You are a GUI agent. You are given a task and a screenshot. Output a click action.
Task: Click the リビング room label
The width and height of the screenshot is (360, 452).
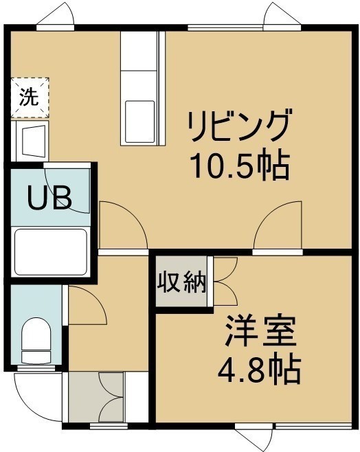pyautogui.click(x=238, y=125)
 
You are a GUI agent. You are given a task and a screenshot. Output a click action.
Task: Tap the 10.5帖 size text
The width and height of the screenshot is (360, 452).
pyautogui.click(x=240, y=167)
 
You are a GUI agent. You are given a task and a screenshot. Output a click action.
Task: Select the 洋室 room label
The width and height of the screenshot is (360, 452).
pyautogui.click(x=260, y=331)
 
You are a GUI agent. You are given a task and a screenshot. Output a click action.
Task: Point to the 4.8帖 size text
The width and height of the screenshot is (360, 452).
pyautogui.click(x=259, y=371)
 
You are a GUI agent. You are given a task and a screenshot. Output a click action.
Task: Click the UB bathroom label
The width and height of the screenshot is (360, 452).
pyautogui.click(x=49, y=197)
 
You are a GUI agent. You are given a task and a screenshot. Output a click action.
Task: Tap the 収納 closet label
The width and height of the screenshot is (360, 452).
pyautogui.click(x=182, y=282)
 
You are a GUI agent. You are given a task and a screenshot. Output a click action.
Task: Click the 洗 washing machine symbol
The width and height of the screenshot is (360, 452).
pyautogui.click(x=30, y=98)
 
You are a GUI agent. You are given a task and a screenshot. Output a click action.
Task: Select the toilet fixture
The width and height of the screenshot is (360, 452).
pyautogui.click(x=36, y=340)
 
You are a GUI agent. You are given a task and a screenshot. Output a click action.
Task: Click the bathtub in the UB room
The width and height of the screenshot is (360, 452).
pyautogui.click(x=51, y=252)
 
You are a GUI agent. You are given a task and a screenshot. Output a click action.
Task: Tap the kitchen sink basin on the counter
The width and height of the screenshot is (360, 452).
pyautogui.click(x=139, y=122)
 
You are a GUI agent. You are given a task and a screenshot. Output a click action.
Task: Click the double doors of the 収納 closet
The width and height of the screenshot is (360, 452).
pyautogui.click(x=225, y=281)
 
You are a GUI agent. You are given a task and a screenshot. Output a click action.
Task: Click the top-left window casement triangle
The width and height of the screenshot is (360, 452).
pyautogui.click(x=56, y=14)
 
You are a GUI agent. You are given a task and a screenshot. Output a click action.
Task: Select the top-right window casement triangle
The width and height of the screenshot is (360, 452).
pyautogui.click(x=282, y=14)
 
